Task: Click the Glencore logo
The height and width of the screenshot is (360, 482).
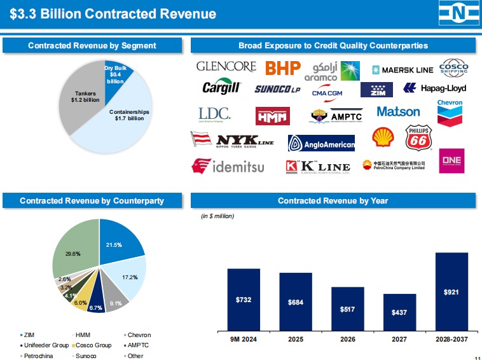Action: pyautogui.click(x=226, y=66)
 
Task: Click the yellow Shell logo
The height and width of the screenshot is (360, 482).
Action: pyautogui.click(x=383, y=137)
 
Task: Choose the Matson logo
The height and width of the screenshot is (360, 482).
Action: pyautogui.click(x=398, y=112)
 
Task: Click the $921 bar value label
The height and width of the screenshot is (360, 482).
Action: pyautogui.click(x=451, y=292)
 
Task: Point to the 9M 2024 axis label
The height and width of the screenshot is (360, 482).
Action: pyautogui.click(x=244, y=340)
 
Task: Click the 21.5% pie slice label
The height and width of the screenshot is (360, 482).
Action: pyautogui.click(x=114, y=245)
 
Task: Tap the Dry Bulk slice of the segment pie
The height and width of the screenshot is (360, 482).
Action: pyautogui.click(x=116, y=74)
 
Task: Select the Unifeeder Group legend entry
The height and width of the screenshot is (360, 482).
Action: pyautogui.click(x=45, y=345)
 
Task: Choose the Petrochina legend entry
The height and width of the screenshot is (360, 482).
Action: pyautogui.click(x=39, y=356)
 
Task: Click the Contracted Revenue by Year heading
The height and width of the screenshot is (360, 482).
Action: pyautogui.click(x=333, y=200)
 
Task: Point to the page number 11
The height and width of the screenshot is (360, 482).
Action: pyautogui.click(x=477, y=357)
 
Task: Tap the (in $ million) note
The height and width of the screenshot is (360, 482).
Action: pyautogui.click(x=217, y=216)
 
